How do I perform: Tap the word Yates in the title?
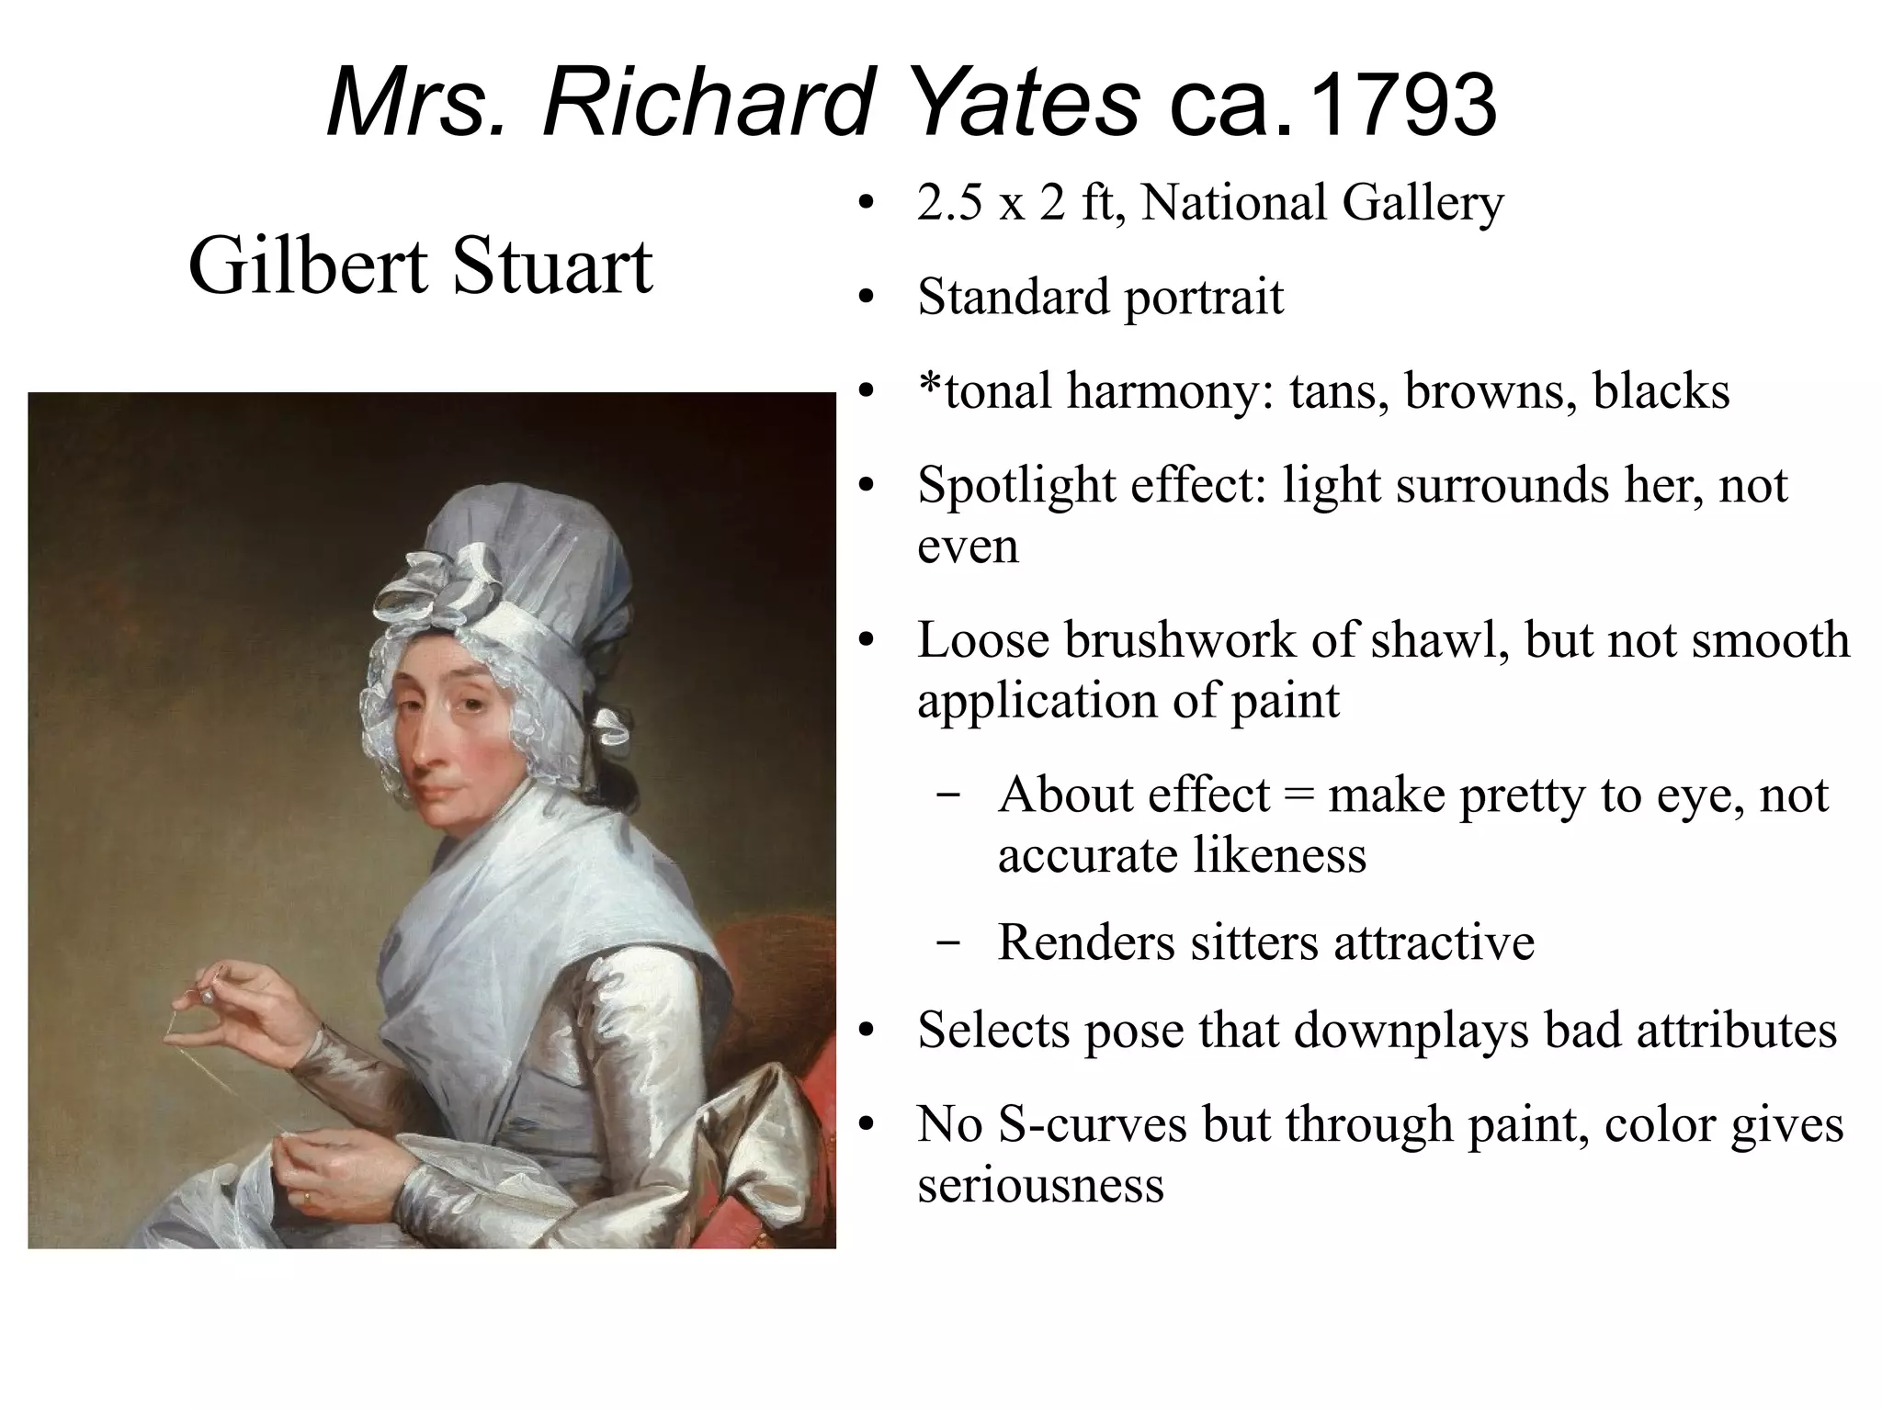[1026, 103]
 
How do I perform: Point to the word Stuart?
[552, 265]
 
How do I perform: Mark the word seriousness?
[1040, 1185]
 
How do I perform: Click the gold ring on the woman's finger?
[306, 1197]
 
